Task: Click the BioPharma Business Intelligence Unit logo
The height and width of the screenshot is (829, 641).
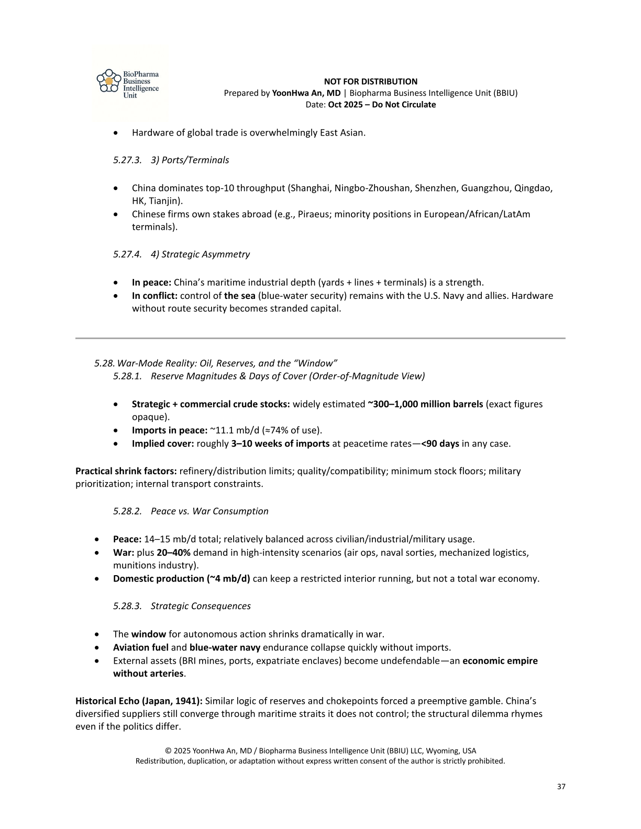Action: tap(129, 84)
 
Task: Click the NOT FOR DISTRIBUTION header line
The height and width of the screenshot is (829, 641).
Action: tap(370, 82)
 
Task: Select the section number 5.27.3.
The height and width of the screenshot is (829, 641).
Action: tap(127, 160)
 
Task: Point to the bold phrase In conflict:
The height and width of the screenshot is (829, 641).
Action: tap(154, 296)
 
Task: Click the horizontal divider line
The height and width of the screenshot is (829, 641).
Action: tap(320, 339)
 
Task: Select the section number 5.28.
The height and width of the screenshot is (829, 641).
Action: tap(104, 363)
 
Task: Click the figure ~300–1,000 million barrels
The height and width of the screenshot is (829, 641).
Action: tap(425, 404)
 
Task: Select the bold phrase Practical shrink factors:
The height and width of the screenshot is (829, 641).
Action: tap(126, 471)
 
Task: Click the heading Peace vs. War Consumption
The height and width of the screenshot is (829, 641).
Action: tap(209, 511)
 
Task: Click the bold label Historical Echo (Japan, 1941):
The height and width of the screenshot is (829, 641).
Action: tap(139, 701)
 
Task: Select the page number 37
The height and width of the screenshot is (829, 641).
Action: tap(561, 787)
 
